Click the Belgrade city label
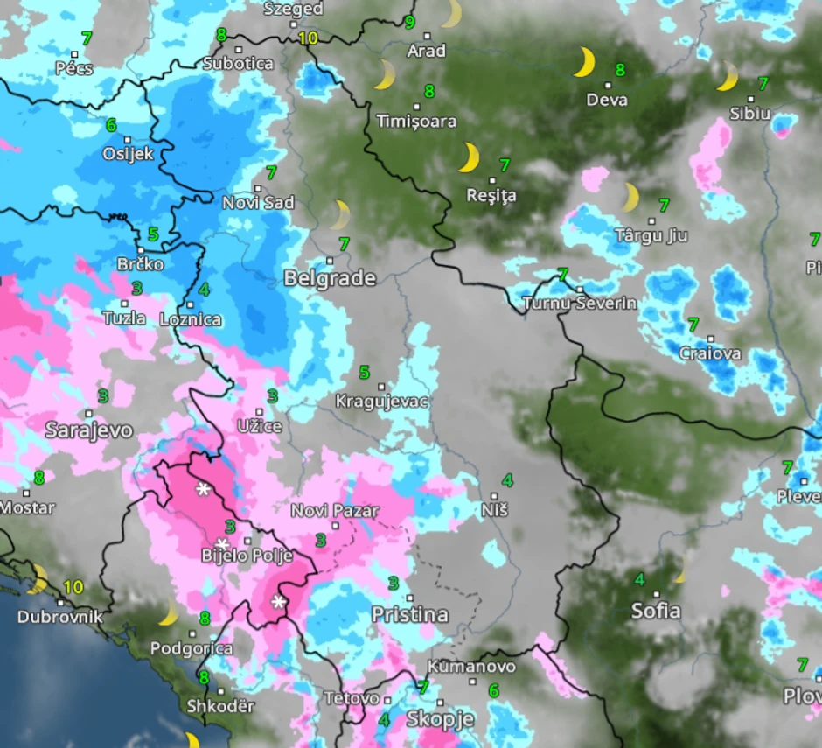coord(330,279)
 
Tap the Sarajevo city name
coord(88,430)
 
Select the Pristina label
coord(409,614)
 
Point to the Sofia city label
coord(656,611)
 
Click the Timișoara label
coord(416,121)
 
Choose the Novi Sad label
coord(258,202)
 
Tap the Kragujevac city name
coord(382,402)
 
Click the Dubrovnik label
coord(59,617)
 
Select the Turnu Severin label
coord(579,304)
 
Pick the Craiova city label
coord(710,353)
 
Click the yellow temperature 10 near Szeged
coord(307,38)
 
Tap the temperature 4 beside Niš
coord(507,479)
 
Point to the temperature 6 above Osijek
coord(111,125)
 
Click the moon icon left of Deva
coord(584,63)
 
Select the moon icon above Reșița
coord(469,157)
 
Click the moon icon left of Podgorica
coord(168,613)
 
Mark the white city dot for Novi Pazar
coord(335,525)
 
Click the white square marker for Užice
coord(259,411)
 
